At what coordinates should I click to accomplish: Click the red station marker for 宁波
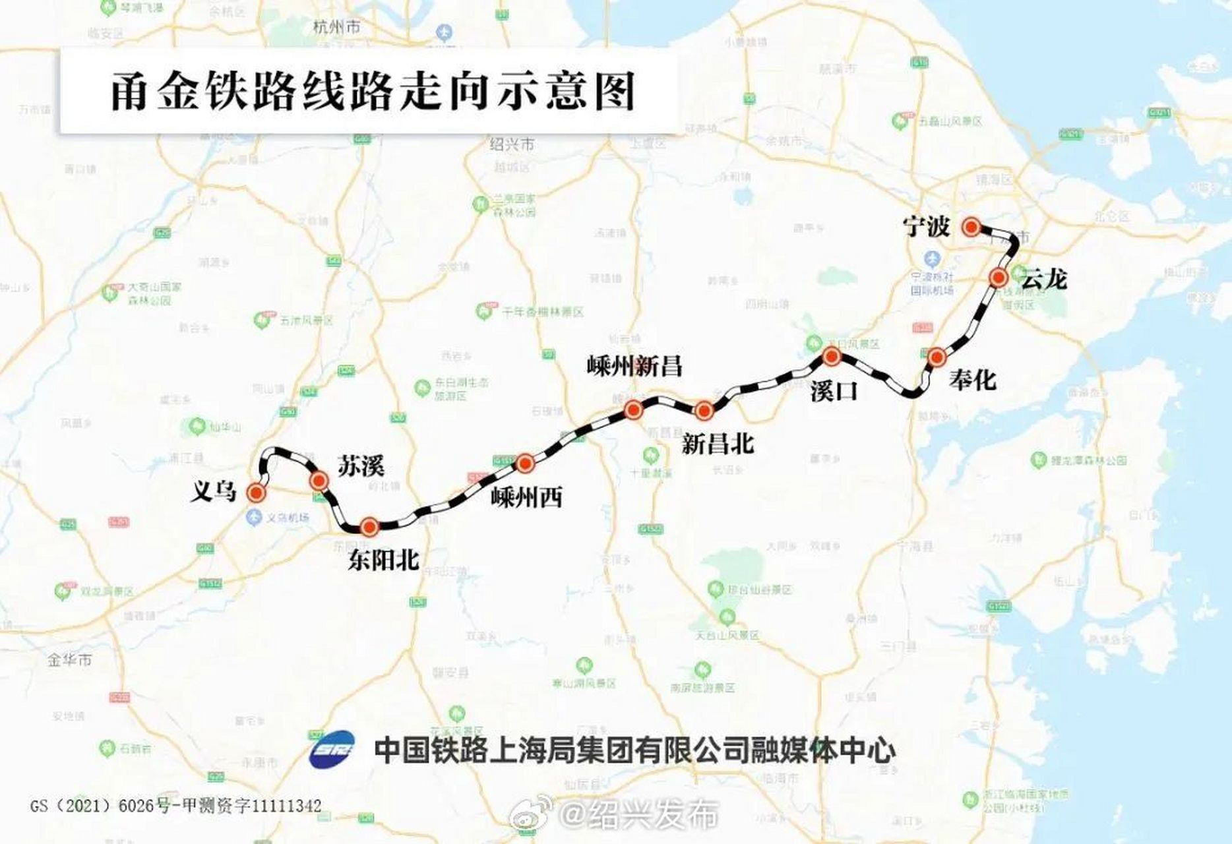click(x=971, y=227)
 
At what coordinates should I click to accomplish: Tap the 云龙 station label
click(x=1043, y=280)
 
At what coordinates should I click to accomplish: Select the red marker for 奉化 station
click(x=937, y=357)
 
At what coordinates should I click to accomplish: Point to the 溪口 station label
click(x=834, y=391)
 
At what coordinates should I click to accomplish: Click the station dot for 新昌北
click(x=704, y=411)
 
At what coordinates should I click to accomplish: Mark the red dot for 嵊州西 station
click(x=525, y=464)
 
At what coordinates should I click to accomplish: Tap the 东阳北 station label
click(x=384, y=560)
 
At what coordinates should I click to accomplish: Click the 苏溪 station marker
click(x=319, y=481)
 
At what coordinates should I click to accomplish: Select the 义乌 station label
click(x=213, y=491)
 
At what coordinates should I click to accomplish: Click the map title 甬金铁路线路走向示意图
click(x=372, y=91)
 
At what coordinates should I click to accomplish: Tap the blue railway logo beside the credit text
click(x=332, y=750)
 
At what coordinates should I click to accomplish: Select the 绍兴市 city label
click(x=512, y=144)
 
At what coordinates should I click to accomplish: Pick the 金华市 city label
click(x=69, y=660)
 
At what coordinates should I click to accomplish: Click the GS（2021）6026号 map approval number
click(x=175, y=806)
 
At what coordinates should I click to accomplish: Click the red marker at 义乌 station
click(x=255, y=493)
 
